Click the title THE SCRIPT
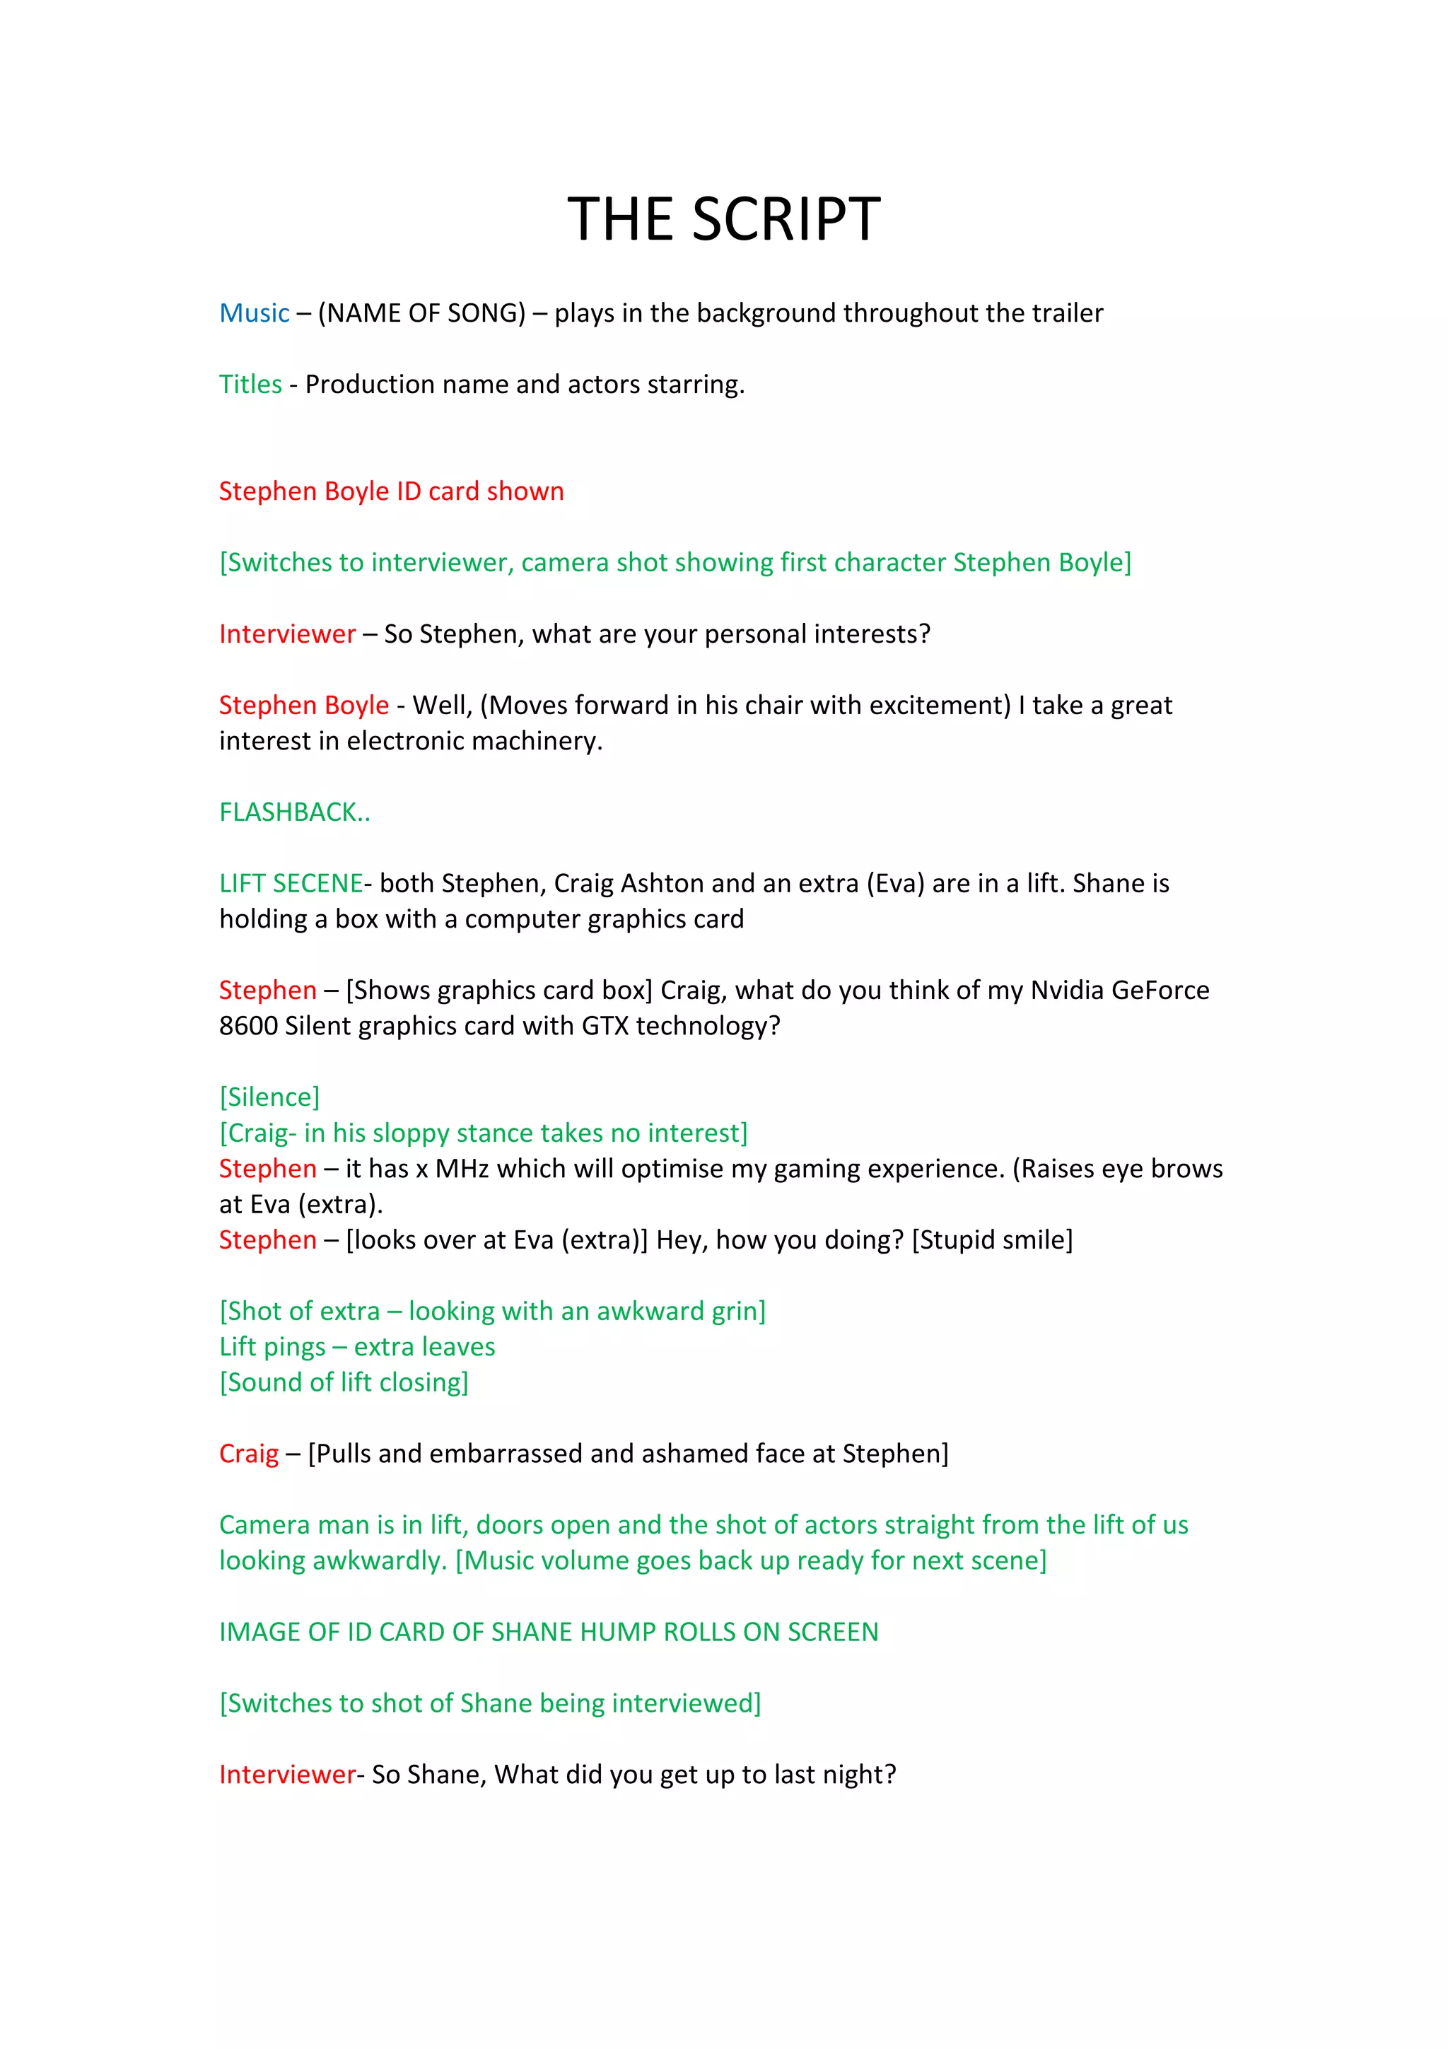[723, 219]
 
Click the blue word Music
[255, 313]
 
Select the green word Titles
[251, 385]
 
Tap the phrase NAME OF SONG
[421, 313]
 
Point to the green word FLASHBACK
[288, 812]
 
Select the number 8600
[248, 1027]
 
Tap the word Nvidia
[1066, 991]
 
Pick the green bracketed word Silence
[269, 1097]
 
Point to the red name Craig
[249, 1454]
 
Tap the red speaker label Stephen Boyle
[304, 705]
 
